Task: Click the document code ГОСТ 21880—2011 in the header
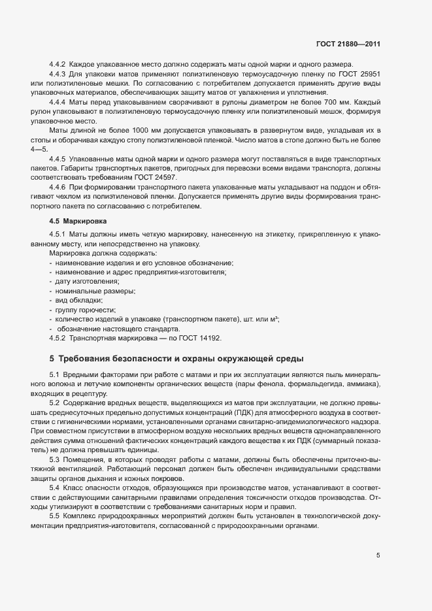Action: (x=348, y=44)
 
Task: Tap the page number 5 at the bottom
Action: (x=378, y=555)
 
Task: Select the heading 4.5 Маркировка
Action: (x=73, y=222)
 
